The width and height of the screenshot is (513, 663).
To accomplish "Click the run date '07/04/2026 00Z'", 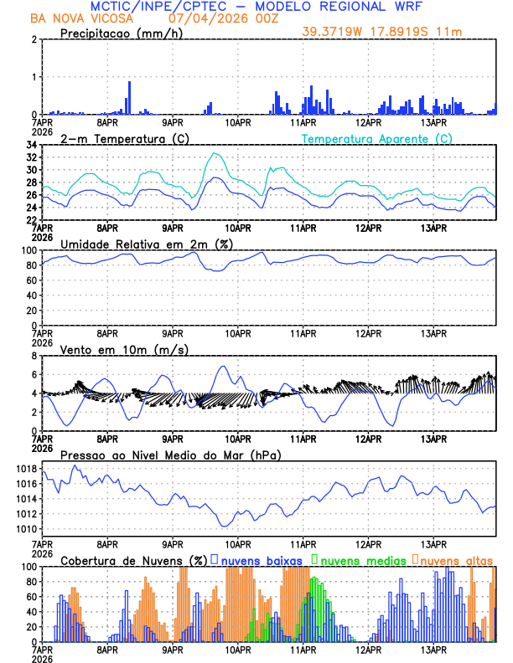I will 215,18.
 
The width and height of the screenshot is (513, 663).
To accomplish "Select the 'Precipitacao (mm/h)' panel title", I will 122,33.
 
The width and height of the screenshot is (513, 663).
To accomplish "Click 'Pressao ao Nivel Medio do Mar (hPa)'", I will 170,455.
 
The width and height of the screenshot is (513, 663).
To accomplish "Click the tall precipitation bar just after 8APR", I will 129,96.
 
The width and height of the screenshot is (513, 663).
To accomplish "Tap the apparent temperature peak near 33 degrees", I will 216,153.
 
